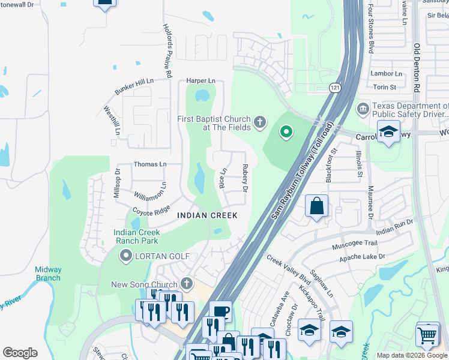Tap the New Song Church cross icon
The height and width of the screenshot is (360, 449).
187,283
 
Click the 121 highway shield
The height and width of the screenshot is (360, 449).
335,88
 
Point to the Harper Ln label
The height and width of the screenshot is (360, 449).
200,80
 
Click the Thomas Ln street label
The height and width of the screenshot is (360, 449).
149,164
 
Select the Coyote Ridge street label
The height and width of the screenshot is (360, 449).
151,211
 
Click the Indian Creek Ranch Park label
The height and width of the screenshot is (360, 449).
136,236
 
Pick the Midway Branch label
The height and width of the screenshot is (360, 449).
47,274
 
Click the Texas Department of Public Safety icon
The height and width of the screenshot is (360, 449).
363,108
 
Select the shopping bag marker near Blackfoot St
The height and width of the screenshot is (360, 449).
316,206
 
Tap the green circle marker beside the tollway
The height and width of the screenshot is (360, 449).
286,132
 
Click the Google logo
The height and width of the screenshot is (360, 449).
20,353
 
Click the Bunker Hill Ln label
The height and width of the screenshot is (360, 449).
134,87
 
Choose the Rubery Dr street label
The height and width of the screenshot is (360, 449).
245,178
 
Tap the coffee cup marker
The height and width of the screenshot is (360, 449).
220,311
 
